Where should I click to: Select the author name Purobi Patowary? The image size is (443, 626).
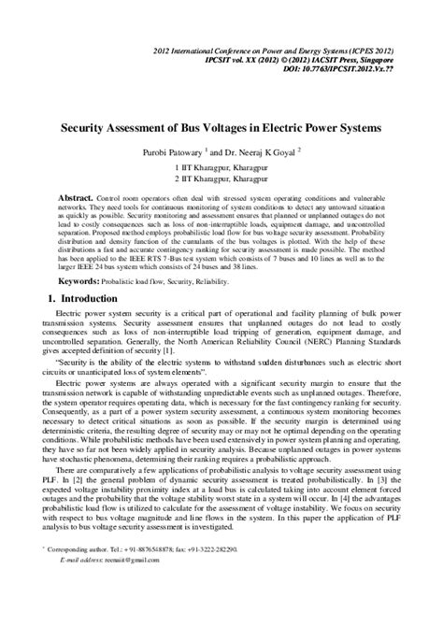[x=169, y=152]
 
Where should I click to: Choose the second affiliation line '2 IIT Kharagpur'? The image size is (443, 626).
[x=221, y=178]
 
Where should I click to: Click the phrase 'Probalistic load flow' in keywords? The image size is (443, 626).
[x=138, y=280]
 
